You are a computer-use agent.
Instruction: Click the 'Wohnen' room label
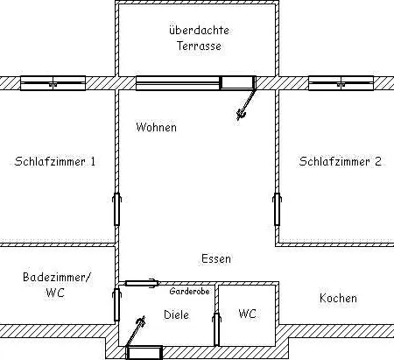click(156, 128)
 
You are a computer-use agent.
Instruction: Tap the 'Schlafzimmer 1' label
click(56, 162)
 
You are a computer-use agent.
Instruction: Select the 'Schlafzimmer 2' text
click(340, 162)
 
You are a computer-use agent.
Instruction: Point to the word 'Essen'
click(215, 259)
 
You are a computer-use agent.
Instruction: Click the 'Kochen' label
click(338, 299)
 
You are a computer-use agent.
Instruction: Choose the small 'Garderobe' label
click(189, 290)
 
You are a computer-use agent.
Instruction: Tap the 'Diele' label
click(178, 314)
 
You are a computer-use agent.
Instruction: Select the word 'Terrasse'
click(197, 46)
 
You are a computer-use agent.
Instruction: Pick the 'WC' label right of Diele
click(247, 314)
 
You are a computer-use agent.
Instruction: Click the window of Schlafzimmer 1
click(53, 83)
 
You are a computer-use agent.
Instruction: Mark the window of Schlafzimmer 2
click(341, 83)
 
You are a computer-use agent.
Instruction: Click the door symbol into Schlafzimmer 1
click(116, 209)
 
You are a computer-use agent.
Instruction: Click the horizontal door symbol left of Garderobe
click(138, 283)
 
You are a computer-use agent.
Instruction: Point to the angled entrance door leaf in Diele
click(136, 331)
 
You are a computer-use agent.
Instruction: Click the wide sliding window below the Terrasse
click(178, 83)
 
